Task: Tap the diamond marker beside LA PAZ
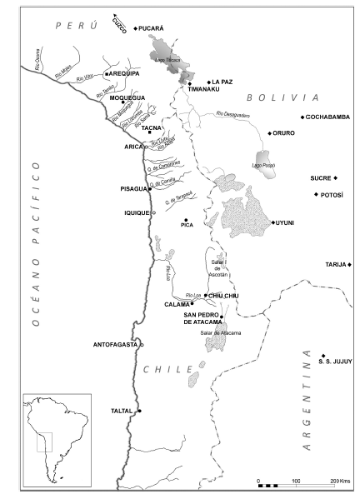[208, 81]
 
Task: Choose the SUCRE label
[321, 178]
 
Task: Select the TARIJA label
[336, 265]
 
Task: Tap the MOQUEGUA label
[127, 97]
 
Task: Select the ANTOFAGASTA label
[115, 344]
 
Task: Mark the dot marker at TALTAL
[140, 412]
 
